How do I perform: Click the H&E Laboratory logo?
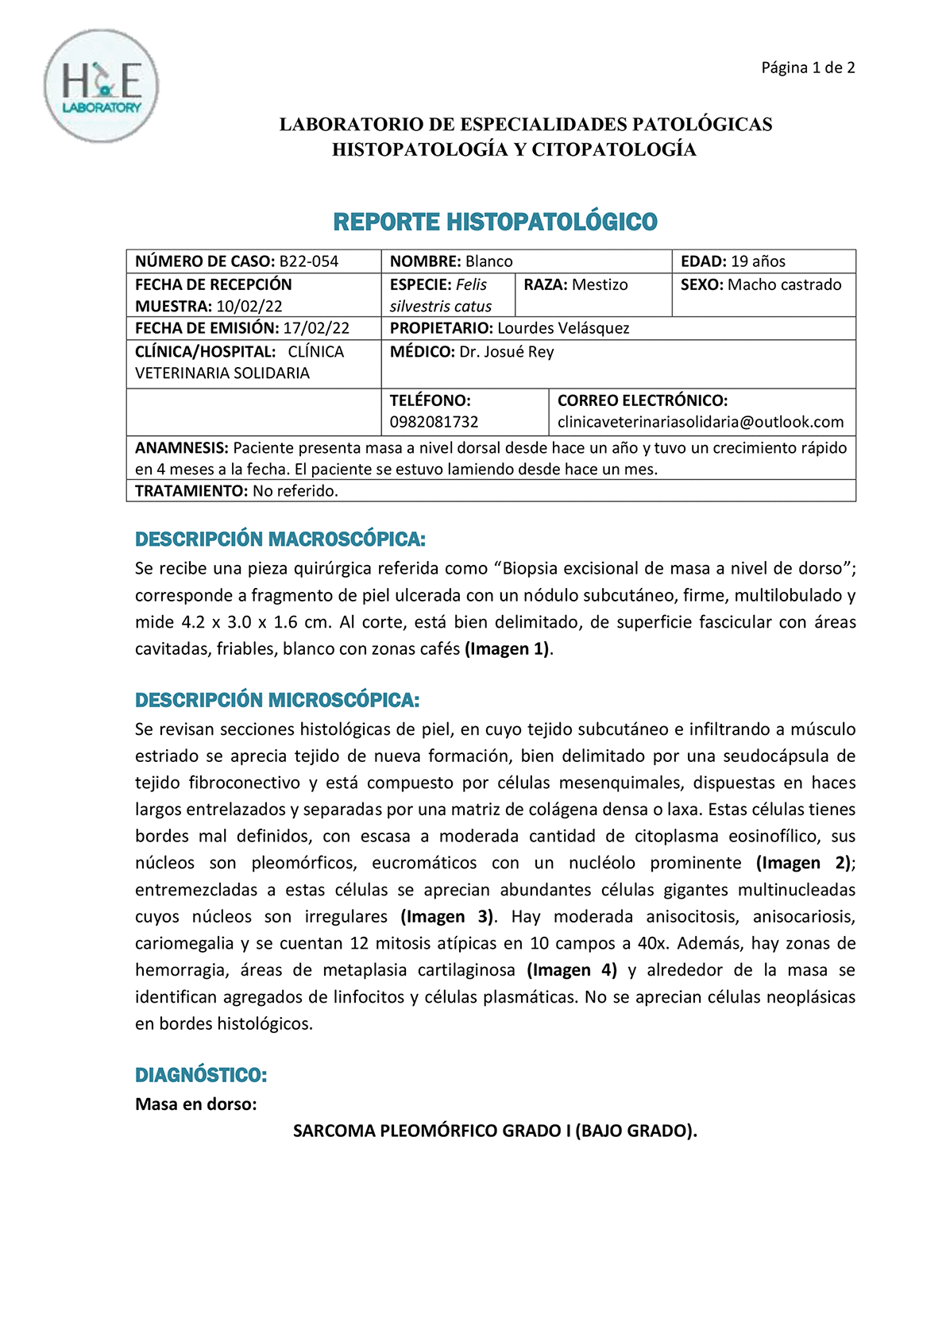coord(101,86)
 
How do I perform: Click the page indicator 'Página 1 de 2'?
coord(808,68)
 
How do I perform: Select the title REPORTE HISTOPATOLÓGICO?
coord(495,222)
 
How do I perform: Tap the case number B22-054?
coord(309,261)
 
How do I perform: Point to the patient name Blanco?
coord(489,261)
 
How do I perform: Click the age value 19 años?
coord(758,261)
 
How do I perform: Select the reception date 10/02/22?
coord(249,306)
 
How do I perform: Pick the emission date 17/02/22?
coord(316,328)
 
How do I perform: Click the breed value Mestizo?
coord(600,284)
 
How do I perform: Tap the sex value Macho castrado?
coord(784,284)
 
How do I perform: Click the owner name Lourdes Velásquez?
coord(563,328)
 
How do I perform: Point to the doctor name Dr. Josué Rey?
coord(506,352)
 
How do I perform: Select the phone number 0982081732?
coord(434,422)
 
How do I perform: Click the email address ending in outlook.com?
coord(700,422)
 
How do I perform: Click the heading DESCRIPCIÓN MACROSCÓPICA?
coord(280,539)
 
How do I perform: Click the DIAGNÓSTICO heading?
coord(201,1075)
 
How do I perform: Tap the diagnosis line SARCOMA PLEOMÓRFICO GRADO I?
coord(495,1131)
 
